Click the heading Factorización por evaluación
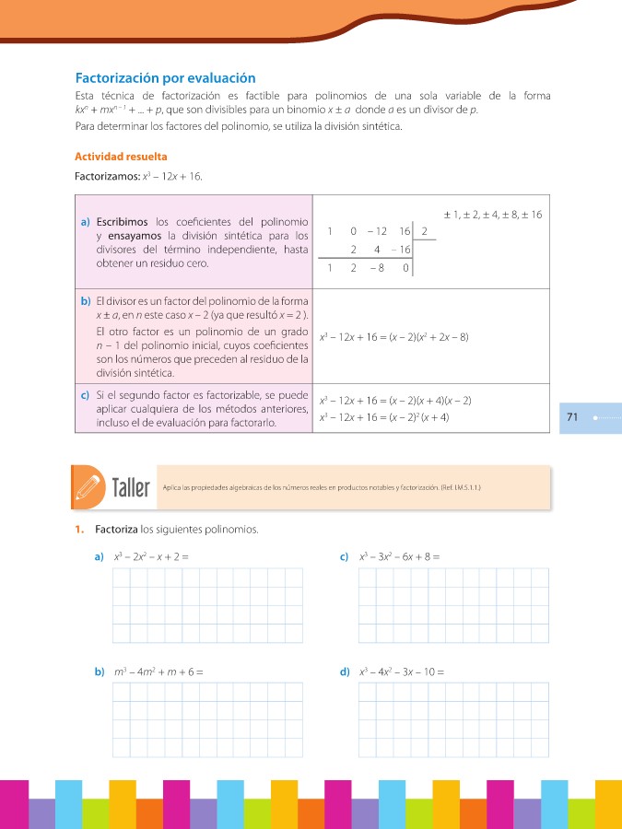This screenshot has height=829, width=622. [165, 79]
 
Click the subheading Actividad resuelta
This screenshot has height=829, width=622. [121, 157]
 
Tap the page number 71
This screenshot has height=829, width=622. [572, 417]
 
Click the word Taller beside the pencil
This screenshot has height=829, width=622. [130, 486]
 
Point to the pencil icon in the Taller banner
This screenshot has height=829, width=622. [89, 485]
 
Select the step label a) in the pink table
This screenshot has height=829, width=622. [85, 221]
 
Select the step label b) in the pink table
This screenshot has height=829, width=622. [85, 301]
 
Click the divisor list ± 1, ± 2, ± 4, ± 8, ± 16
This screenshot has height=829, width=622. [492, 215]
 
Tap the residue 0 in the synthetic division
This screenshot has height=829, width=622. [405, 269]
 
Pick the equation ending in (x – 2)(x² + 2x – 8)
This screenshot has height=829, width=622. [393, 337]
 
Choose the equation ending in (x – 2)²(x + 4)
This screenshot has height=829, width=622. [383, 418]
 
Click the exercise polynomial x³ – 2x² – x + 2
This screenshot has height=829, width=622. [152, 556]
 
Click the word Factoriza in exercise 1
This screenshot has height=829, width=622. [115, 530]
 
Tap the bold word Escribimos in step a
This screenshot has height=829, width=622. [124, 221]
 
